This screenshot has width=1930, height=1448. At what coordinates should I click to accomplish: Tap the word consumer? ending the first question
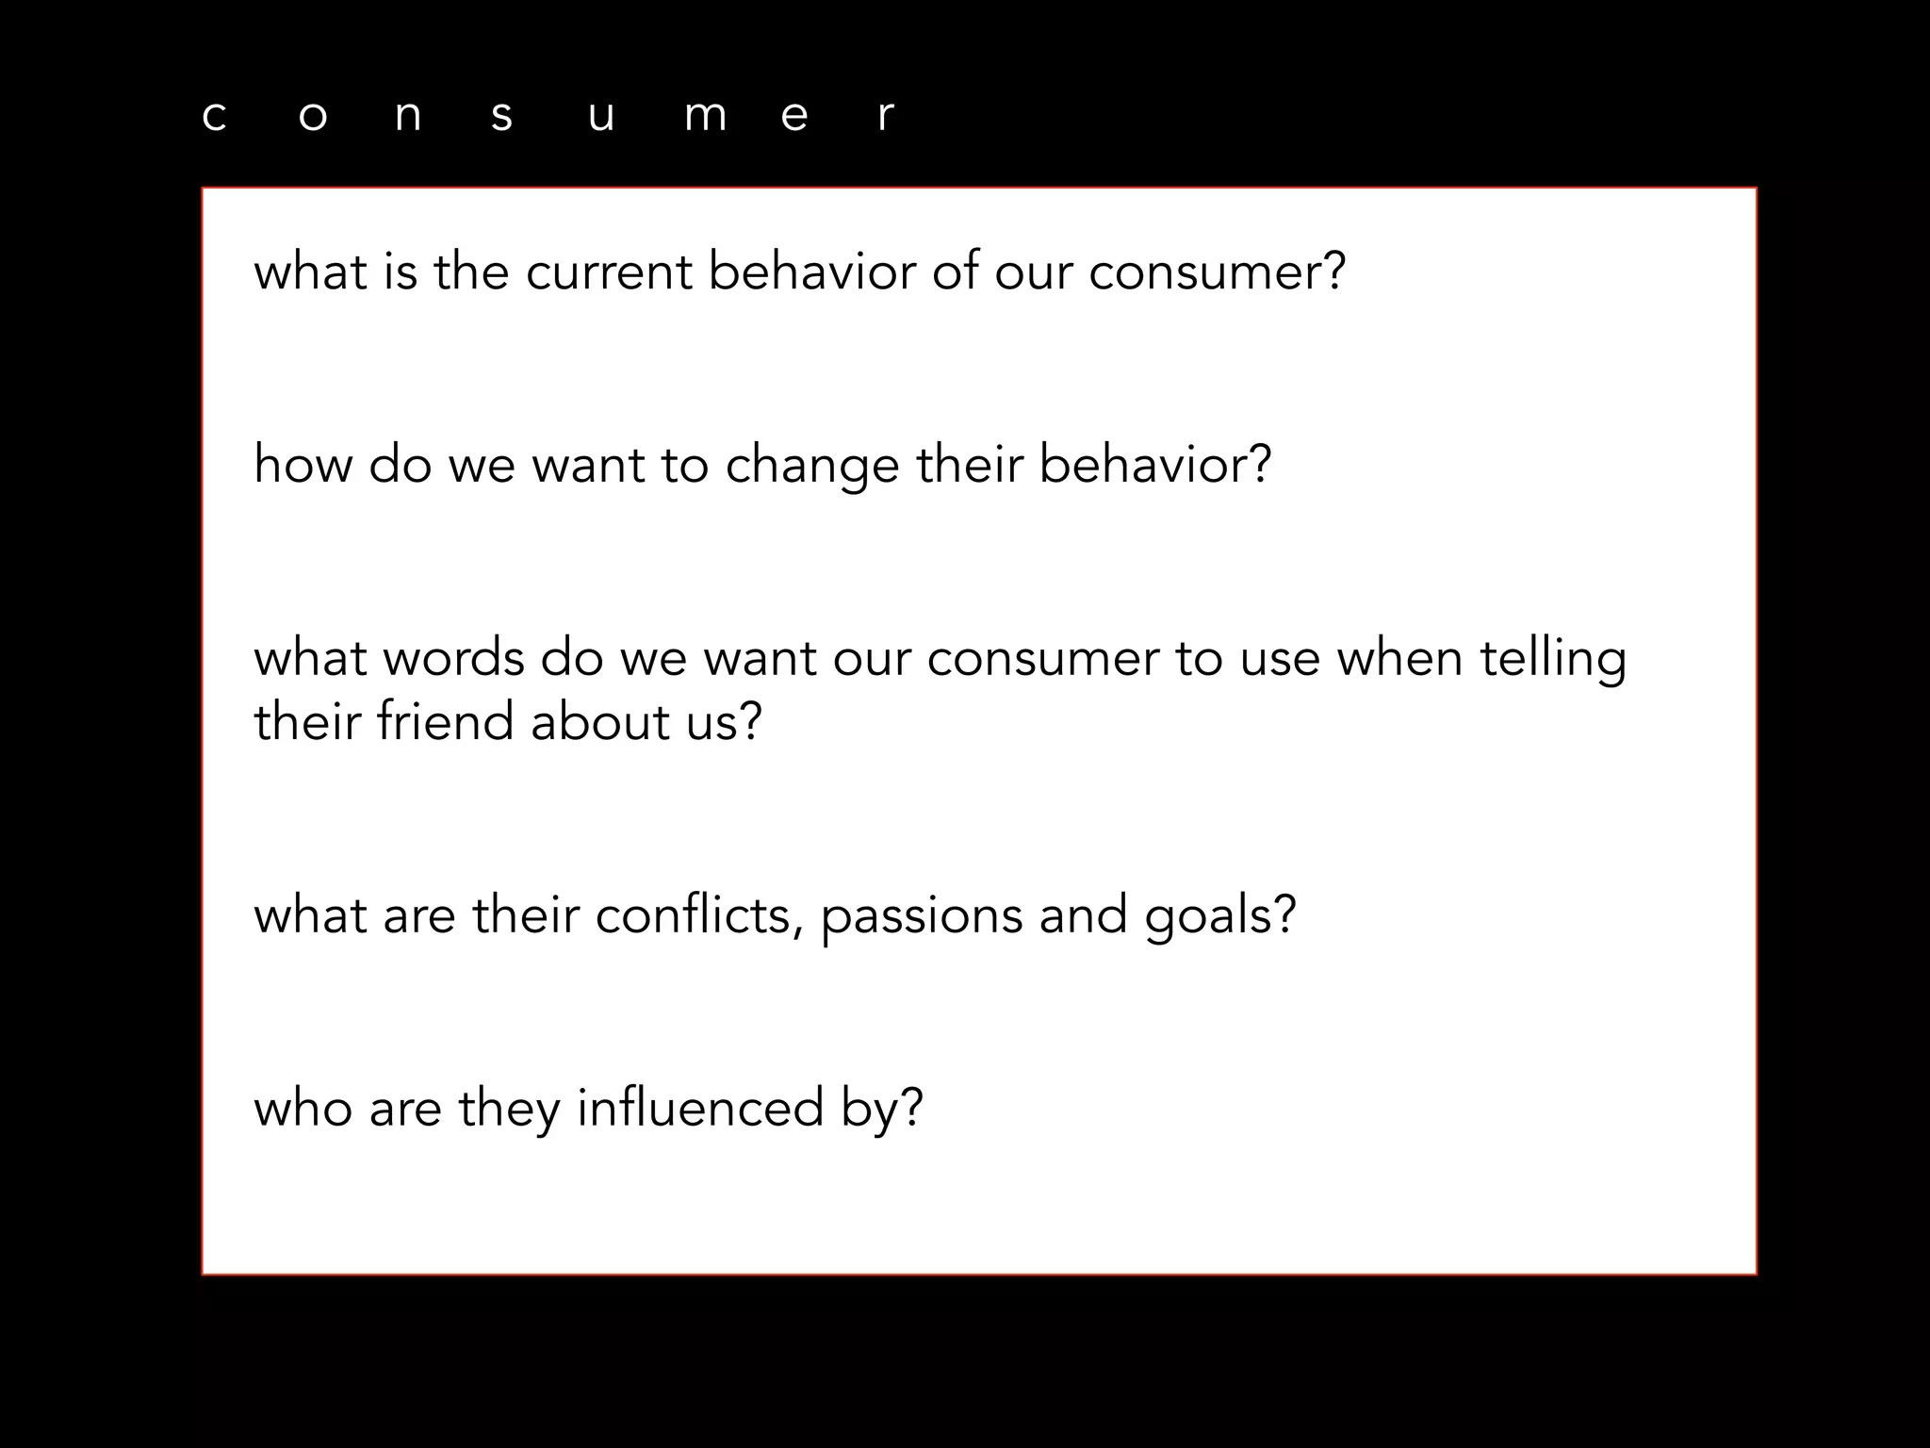coord(1217,271)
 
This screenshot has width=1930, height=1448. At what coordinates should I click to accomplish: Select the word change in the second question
coord(811,465)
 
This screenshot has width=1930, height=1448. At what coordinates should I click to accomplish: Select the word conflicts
coord(698,914)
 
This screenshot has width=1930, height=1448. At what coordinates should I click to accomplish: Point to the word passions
coord(921,916)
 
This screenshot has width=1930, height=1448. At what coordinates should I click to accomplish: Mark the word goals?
coord(1220,916)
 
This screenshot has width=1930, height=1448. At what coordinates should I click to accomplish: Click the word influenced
coord(700,1108)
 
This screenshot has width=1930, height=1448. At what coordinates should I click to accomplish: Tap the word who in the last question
coord(303,1108)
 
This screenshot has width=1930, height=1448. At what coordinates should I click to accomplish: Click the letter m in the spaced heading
coord(705,116)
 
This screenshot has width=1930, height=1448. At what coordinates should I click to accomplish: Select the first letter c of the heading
coord(214,116)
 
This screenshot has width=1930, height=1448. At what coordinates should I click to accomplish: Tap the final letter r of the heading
coord(885,116)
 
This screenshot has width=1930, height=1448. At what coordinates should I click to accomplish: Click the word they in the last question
coord(509,1110)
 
